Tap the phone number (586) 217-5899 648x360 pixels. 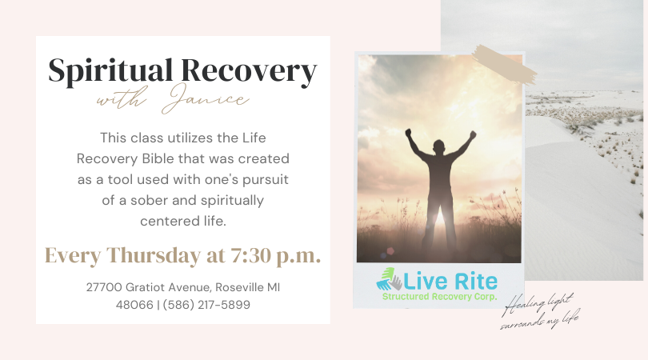tap(206, 304)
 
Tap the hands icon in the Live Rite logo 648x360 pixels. tap(390, 279)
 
